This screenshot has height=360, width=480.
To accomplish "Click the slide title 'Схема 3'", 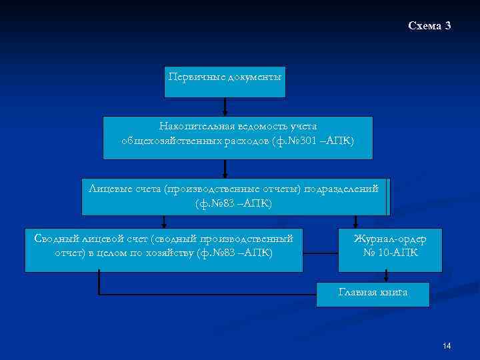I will tap(429, 26).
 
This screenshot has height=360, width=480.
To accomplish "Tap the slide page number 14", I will tap(446, 345).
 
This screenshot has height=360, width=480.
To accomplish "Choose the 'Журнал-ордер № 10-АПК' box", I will tap(389, 249).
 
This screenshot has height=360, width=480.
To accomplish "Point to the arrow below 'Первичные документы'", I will tap(225, 107).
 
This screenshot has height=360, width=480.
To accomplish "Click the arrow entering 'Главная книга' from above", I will tap(385, 277).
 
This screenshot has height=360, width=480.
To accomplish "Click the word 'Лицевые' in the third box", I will tap(109, 189).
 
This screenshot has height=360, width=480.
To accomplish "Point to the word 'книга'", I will tap(392, 292).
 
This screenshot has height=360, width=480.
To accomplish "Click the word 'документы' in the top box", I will tap(255, 77).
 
